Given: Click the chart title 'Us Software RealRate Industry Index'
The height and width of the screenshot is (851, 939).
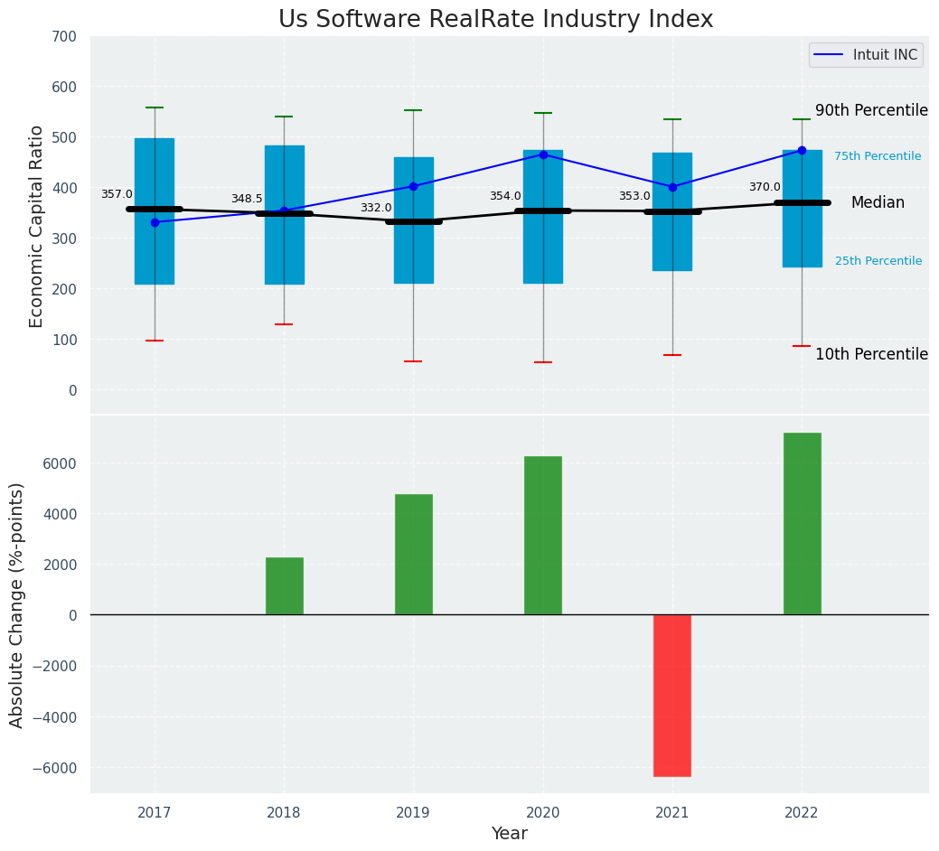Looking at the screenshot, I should (495, 20).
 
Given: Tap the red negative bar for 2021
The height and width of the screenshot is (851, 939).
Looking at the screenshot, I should (672, 695).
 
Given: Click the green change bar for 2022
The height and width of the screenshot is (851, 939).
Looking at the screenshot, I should (802, 524).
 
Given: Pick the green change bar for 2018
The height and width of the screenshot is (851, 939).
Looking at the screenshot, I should (284, 586).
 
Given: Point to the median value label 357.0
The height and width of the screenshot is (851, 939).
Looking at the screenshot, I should (117, 194).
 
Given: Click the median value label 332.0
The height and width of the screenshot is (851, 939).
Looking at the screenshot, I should (376, 208).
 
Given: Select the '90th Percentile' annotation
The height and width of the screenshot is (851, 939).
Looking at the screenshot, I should (871, 111).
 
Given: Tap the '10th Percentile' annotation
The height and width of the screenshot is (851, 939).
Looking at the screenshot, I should (871, 354).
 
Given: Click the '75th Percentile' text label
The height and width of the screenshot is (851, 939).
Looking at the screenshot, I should (878, 156).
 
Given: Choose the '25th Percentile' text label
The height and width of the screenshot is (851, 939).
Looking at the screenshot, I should (878, 261).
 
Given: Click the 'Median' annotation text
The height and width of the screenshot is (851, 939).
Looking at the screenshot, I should (878, 203).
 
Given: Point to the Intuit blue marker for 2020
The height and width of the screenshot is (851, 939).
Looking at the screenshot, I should (543, 154).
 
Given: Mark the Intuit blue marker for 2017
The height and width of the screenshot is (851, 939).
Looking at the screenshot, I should (155, 222).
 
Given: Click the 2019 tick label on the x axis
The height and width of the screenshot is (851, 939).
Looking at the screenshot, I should (413, 813).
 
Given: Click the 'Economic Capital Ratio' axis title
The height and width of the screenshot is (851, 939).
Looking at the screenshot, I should (37, 226).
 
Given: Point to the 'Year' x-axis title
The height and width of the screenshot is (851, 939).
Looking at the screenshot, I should (510, 834).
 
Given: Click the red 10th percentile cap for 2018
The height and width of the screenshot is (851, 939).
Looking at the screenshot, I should (284, 324).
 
